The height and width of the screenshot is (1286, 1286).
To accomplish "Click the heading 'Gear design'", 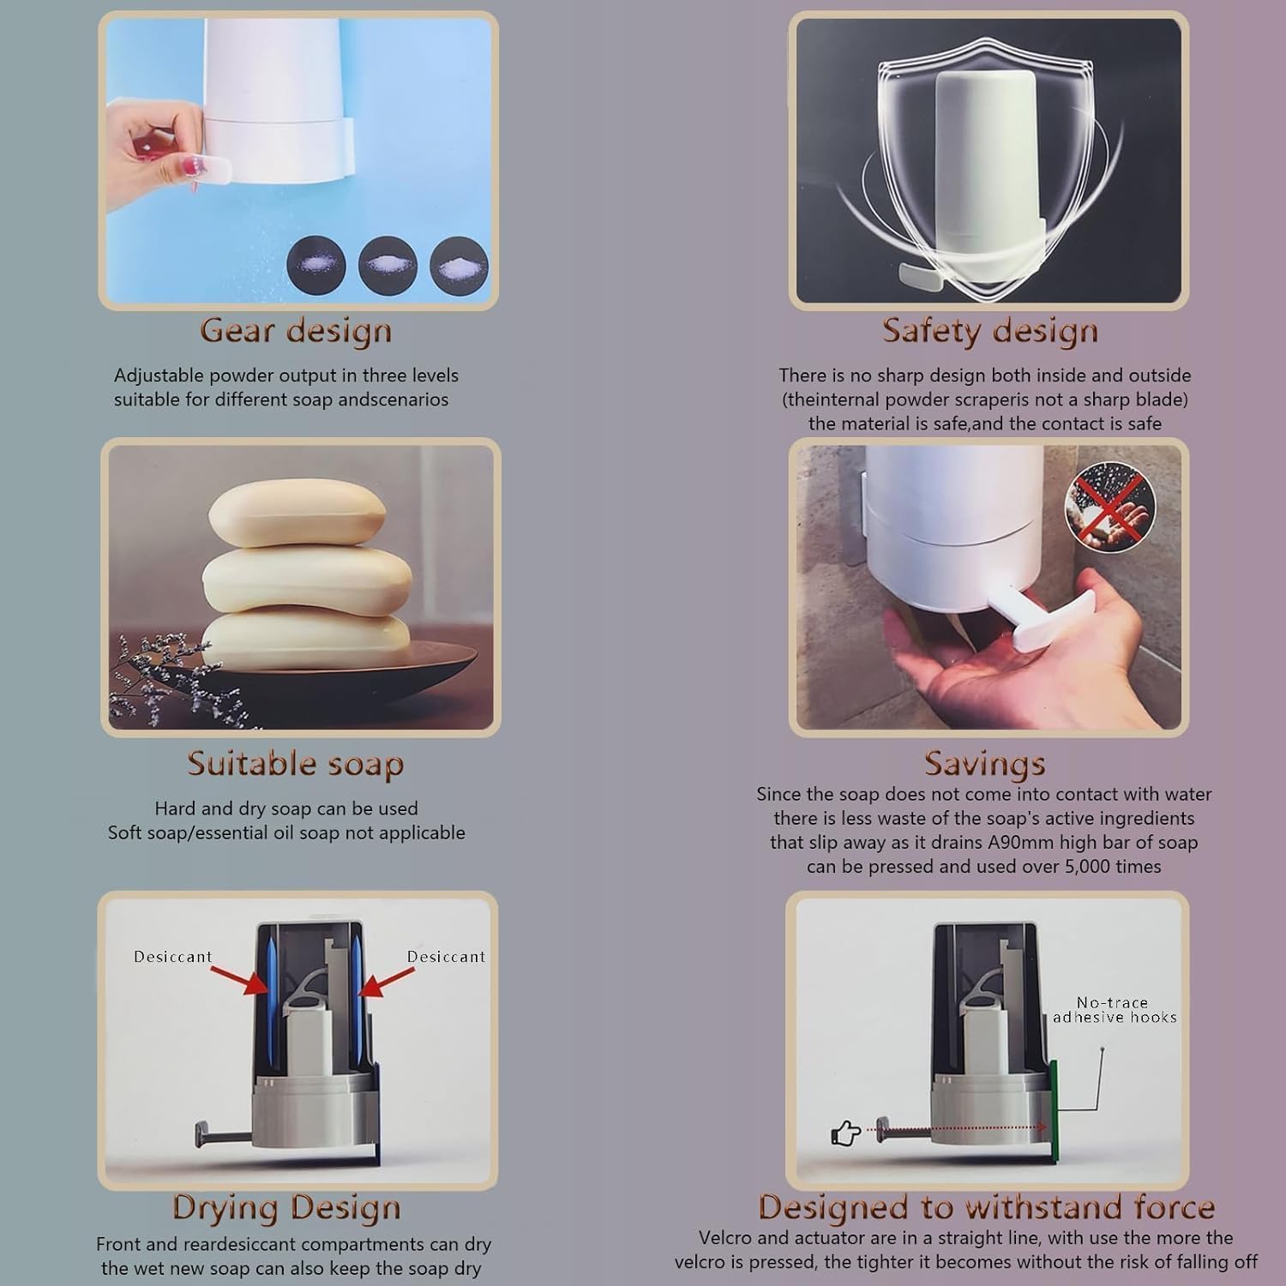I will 296,331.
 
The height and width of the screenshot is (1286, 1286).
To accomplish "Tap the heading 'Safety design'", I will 989,331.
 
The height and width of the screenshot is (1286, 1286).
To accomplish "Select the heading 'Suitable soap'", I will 296,764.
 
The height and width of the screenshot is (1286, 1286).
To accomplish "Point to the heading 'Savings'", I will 984,763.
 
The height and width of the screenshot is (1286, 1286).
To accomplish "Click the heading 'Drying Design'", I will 286,1207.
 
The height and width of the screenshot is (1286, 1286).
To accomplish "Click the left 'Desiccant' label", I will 172,957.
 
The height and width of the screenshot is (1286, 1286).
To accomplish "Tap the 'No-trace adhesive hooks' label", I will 1114,1010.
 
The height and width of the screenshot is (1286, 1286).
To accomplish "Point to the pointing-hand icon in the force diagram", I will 846,1133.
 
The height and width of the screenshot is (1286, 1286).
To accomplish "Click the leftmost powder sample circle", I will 316,266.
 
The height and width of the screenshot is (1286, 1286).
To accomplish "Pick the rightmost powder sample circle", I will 460,266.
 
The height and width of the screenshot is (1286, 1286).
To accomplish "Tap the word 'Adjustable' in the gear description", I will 159,376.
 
